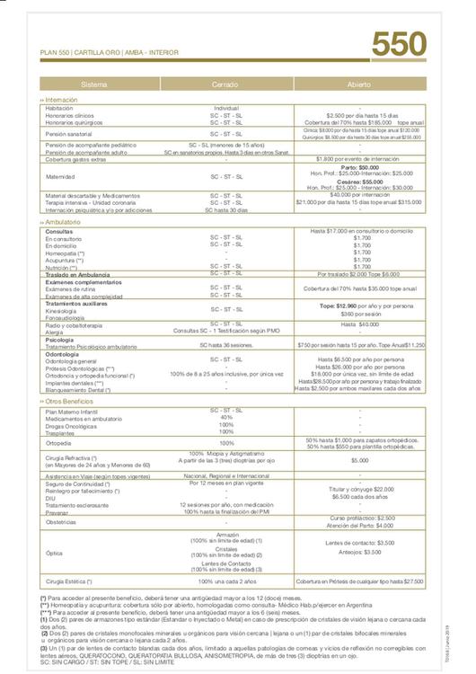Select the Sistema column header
(94, 84)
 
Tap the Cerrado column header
(225, 84)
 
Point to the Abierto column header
(358, 84)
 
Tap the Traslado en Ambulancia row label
(77, 274)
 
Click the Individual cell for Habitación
(226, 109)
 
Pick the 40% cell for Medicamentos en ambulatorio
(226, 417)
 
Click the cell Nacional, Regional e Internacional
(226, 475)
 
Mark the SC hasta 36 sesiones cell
(226, 344)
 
